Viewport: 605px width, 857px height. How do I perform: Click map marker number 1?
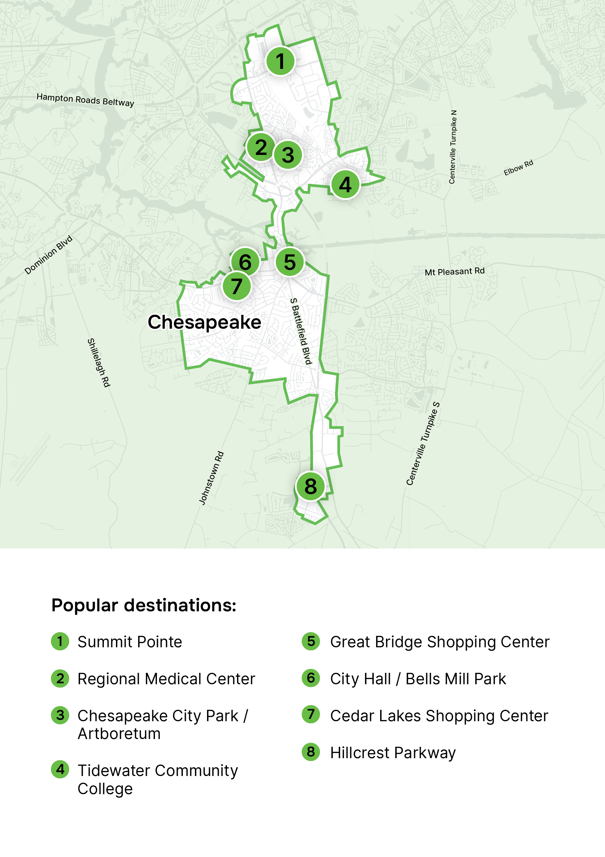[x=280, y=61]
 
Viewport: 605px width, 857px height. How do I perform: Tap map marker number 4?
[x=345, y=185]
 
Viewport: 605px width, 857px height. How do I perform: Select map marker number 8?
[x=311, y=486]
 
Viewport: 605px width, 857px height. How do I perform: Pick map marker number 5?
[x=290, y=262]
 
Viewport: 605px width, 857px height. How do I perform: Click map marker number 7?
[x=237, y=286]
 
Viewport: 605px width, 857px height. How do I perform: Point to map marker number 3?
[x=288, y=155]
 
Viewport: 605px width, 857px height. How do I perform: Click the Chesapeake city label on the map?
[x=205, y=322]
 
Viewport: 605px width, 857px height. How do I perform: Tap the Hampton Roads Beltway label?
[x=85, y=100]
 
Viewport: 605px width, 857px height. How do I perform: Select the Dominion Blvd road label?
[x=48, y=255]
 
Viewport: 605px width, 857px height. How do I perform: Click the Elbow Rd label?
[x=518, y=168]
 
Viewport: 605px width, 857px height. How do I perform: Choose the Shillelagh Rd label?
[x=99, y=363]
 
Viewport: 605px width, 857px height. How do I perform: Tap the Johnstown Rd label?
[x=212, y=478]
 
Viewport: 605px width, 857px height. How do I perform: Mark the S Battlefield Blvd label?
[x=301, y=331]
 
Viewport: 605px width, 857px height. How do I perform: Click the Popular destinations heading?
[x=144, y=605]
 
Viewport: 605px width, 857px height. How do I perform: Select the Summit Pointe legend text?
[x=129, y=642]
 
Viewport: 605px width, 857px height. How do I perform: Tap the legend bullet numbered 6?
[x=311, y=678]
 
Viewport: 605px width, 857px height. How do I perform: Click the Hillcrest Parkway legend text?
[x=393, y=752]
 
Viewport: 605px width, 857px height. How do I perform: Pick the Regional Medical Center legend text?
[x=166, y=679]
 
